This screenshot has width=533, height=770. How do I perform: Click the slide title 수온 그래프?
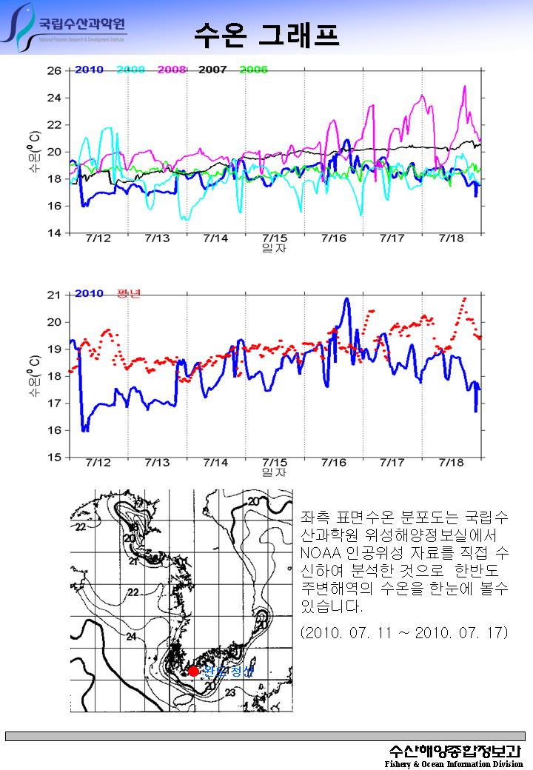click(266, 34)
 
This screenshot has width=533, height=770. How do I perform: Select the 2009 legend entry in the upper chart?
click(130, 70)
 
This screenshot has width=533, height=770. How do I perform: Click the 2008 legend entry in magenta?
click(171, 70)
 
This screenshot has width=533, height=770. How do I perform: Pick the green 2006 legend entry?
click(253, 70)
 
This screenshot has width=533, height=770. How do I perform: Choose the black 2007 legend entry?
click(212, 70)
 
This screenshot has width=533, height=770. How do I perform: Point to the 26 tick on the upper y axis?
click(54, 71)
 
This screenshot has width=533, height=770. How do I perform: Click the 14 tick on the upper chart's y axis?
click(54, 233)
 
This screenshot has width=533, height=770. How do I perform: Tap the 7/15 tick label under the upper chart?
click(275, 238)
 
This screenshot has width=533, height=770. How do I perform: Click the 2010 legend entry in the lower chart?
click(89, 293)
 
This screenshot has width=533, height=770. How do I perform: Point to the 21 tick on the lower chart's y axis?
click(54, 295)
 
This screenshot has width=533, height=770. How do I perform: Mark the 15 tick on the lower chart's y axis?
click(54, 458)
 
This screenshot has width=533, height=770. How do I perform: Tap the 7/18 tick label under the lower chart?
click(451, 463)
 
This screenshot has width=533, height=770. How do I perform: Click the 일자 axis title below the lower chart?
click(275, 472)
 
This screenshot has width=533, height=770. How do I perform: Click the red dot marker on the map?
click(193, 671)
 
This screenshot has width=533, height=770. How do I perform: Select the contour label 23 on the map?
click(230, 693)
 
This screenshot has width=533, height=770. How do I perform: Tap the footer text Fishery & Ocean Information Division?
click(454, 763)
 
